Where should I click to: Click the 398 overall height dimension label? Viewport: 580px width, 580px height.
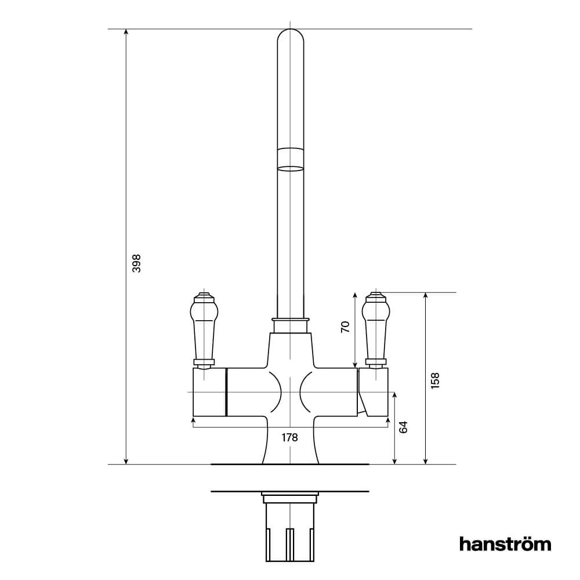tap(137, 264)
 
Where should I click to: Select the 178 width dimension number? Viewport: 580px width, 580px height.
tap(289, 438)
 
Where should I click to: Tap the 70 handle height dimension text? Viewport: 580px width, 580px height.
tap(346, 327)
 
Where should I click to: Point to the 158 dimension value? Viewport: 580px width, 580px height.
tap(436, 380)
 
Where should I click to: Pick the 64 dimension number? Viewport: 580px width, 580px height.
tap(404, 427)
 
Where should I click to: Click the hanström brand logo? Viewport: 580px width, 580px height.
tap(505, 544)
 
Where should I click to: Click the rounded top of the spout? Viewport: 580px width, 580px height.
tap(291, 38)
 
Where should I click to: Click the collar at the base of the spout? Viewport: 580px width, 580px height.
tap(291, 325)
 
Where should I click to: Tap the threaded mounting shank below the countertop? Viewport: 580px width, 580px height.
tap(291, 531)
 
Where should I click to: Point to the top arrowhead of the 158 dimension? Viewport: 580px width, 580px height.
tap(426, 296)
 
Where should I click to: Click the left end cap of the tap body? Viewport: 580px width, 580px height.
tap(208, 392)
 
